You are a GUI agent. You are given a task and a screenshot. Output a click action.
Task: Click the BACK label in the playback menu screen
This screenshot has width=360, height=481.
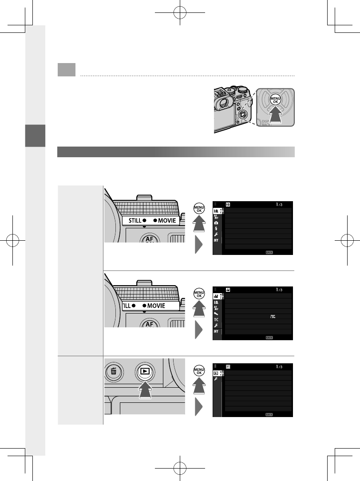click(269, 413)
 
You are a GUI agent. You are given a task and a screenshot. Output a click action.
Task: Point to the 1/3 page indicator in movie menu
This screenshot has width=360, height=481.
click(280, 290)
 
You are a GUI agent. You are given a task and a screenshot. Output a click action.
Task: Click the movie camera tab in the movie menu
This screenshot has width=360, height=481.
click(217, 295)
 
